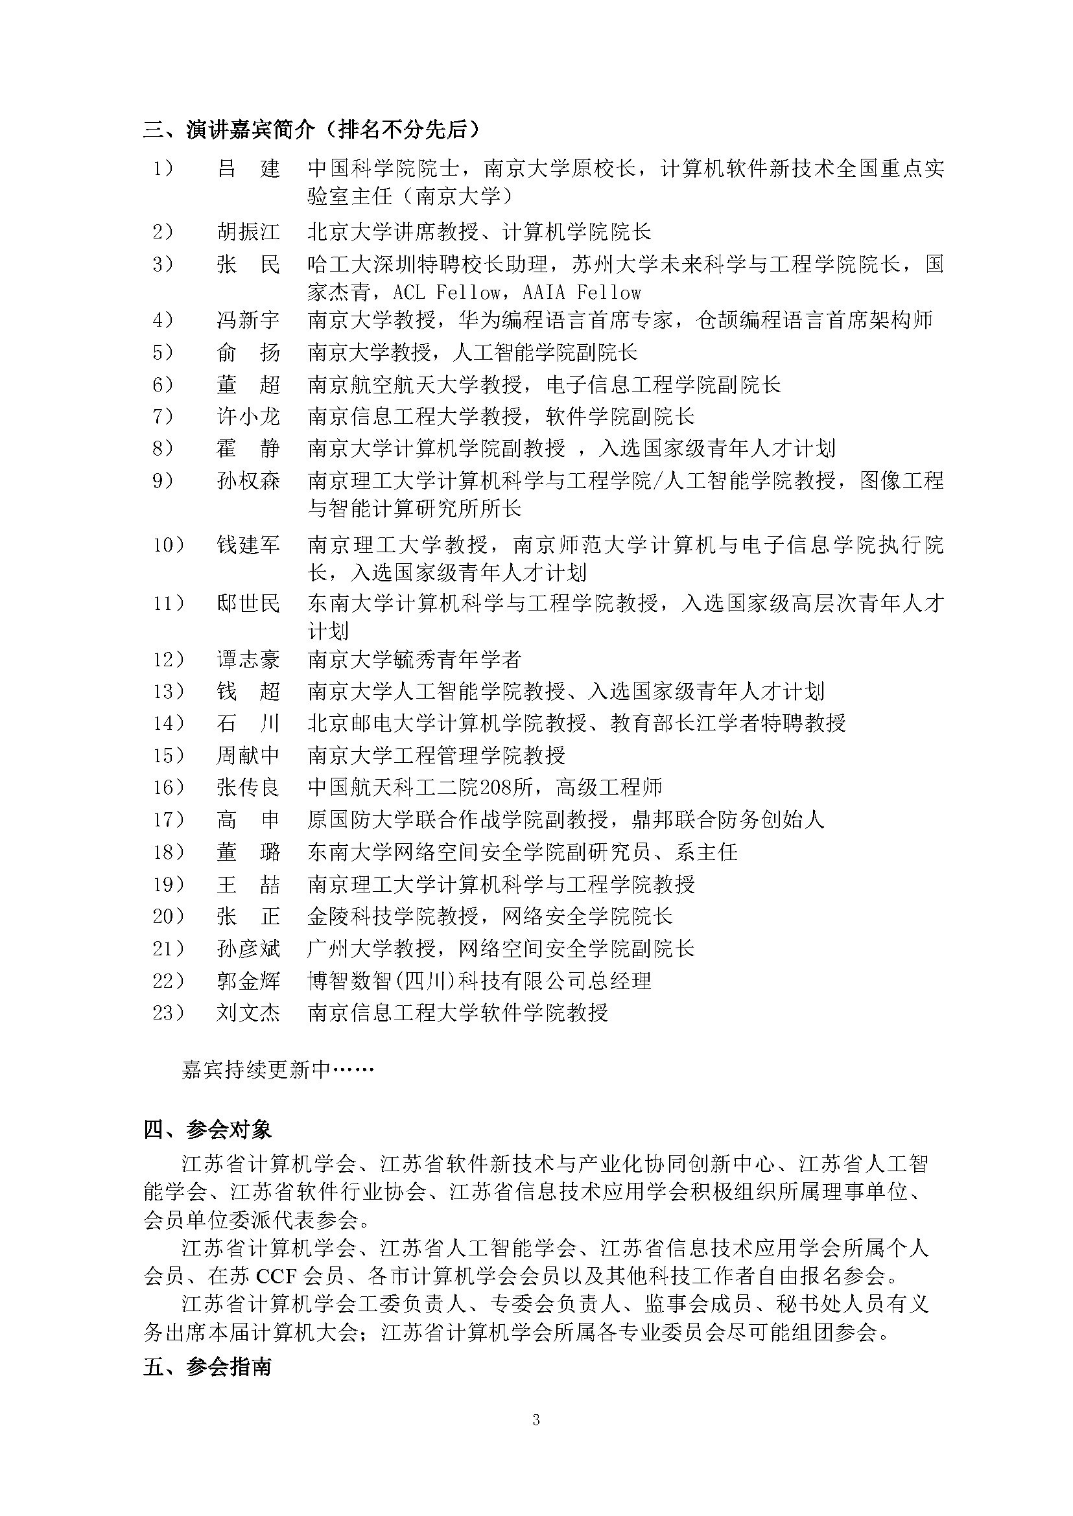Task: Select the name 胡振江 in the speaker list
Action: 248,232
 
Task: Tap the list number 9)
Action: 163,480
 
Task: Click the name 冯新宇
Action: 248,320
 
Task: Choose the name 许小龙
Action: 248,416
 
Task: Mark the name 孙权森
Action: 248,480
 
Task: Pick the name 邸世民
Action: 248,603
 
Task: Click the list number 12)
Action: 168,659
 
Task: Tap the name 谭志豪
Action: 248,659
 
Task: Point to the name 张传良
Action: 248,787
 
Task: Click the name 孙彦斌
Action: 248,949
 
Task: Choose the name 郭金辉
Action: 248,981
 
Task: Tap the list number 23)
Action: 168,1012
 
